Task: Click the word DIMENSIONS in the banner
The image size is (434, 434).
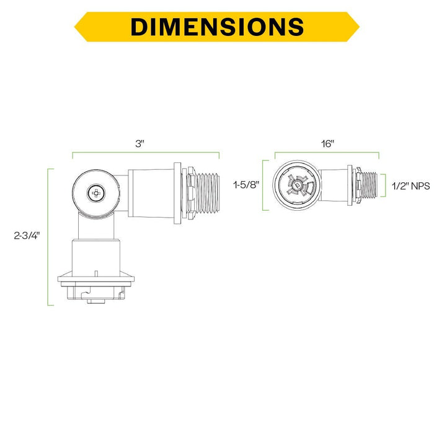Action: click(x=217, y=27)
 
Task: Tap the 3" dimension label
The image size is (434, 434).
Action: click(x=139, y=144)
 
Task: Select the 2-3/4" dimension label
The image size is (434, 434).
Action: click(x=27, y=236)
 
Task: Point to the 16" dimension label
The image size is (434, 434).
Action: click(x=327, y=144)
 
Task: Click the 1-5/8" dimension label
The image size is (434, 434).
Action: click(x=246, y=185)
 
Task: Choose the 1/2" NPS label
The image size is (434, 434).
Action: click(x=410, y=186)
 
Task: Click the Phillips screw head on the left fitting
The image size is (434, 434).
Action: click(x=96, y=193)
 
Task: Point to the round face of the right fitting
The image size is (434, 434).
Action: click(x=297, y=185)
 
